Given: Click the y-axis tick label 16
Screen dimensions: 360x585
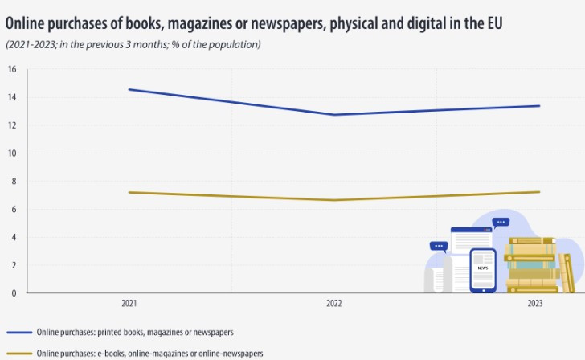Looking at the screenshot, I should pos(12,69).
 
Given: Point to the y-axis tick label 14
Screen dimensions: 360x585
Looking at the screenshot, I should pos(12,97).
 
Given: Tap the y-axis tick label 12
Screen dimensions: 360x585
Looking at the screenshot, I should pos(12,125).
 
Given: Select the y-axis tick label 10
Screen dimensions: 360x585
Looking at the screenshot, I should pos(12,153).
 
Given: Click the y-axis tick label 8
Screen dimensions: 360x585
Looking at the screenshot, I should pos(13,181).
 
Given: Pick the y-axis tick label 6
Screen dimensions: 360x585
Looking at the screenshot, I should pos(13,209).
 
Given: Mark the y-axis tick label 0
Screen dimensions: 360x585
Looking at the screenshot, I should pos(13,293).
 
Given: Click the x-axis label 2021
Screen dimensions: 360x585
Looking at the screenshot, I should pos(129,304).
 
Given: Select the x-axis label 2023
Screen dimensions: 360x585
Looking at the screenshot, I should pos(535,304).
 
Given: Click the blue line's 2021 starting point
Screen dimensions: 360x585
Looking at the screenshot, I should pos(129,89).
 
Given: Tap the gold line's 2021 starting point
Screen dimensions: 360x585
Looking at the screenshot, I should pos(129,192).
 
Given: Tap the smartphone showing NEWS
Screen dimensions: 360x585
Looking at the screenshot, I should pos(482,269).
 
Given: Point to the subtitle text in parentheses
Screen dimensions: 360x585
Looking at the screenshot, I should pos(133,43).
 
